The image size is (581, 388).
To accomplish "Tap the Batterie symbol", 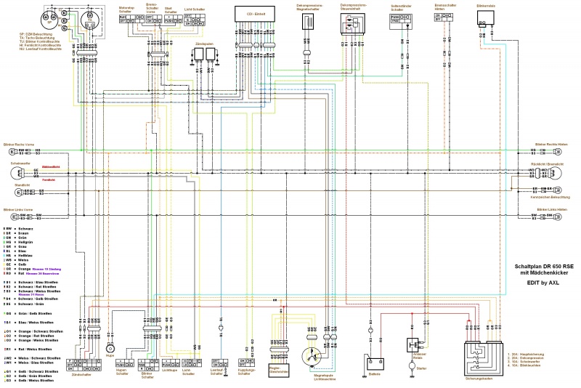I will (x=375, y=361).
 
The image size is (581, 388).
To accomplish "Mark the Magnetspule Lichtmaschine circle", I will (x=313, y=358).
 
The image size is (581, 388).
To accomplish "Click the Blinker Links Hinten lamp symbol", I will (x=558, y=216).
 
